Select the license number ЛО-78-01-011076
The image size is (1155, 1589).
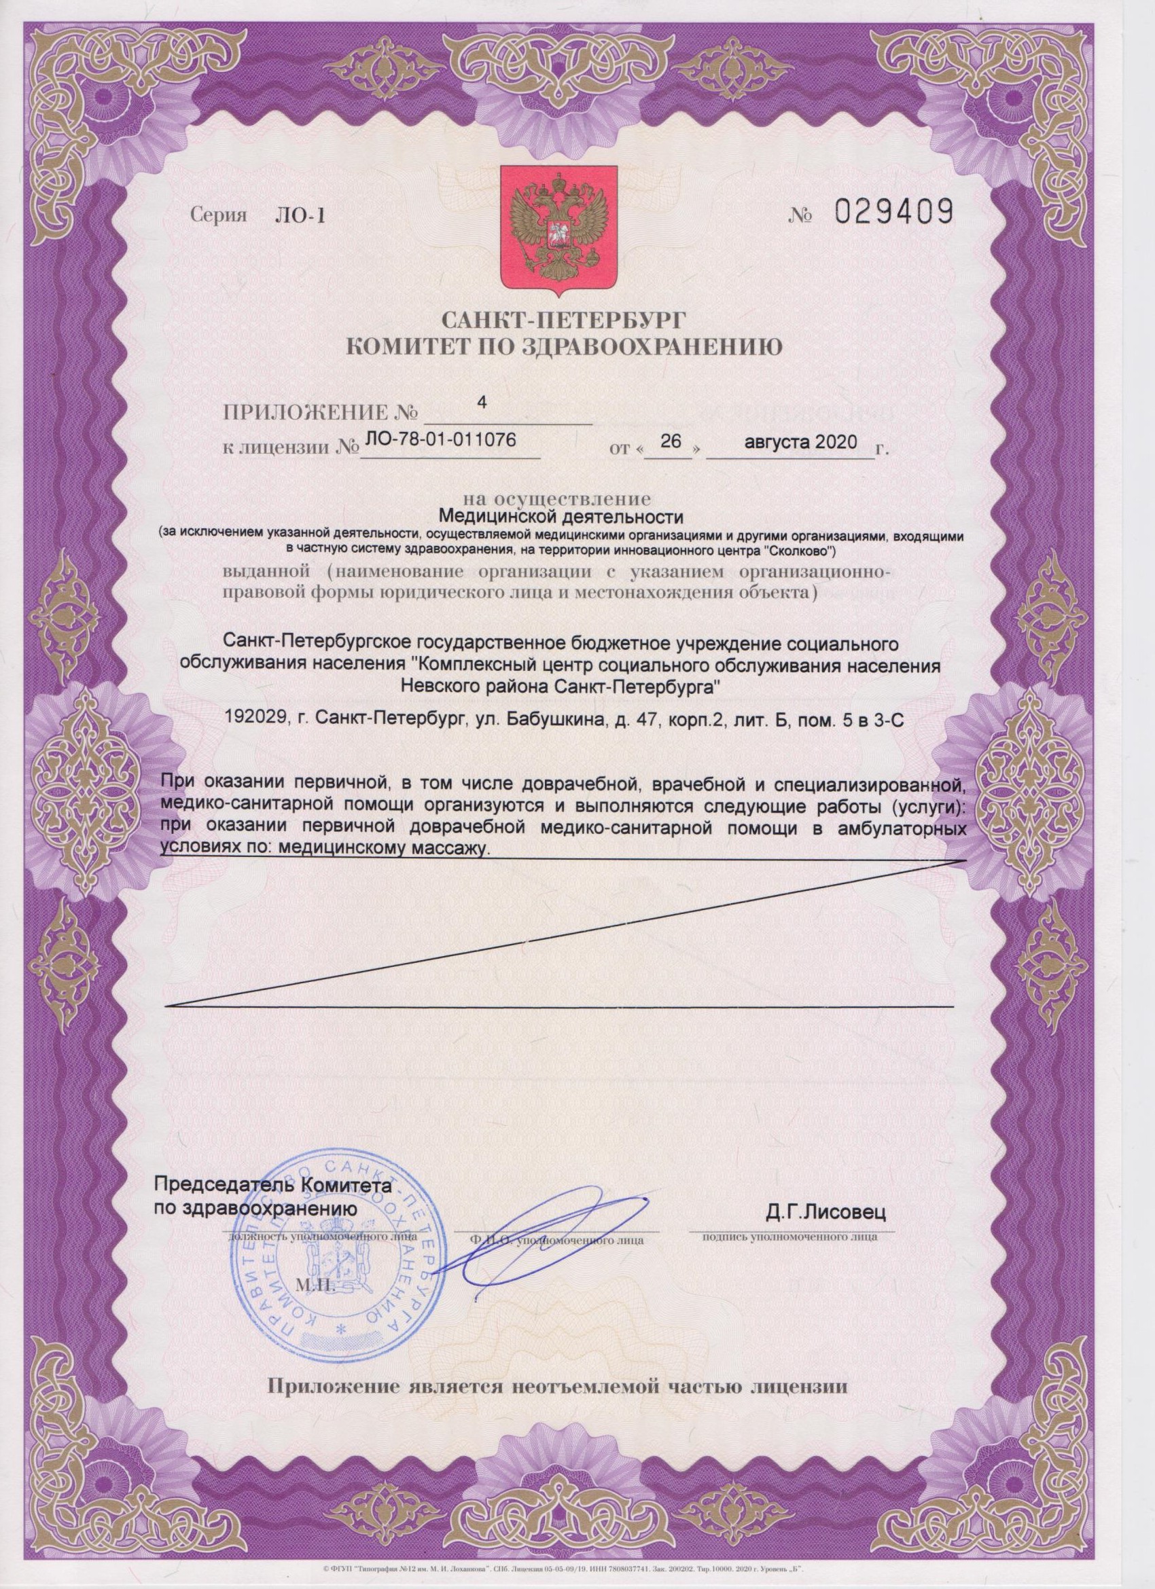[x=438, y=440]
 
